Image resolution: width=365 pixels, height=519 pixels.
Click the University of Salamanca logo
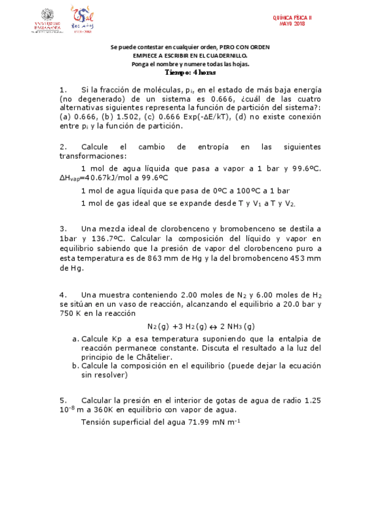point(47,20)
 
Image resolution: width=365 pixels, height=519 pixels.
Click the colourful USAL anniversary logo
point(83,20)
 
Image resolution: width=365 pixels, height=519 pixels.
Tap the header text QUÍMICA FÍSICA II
point(292,18)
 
